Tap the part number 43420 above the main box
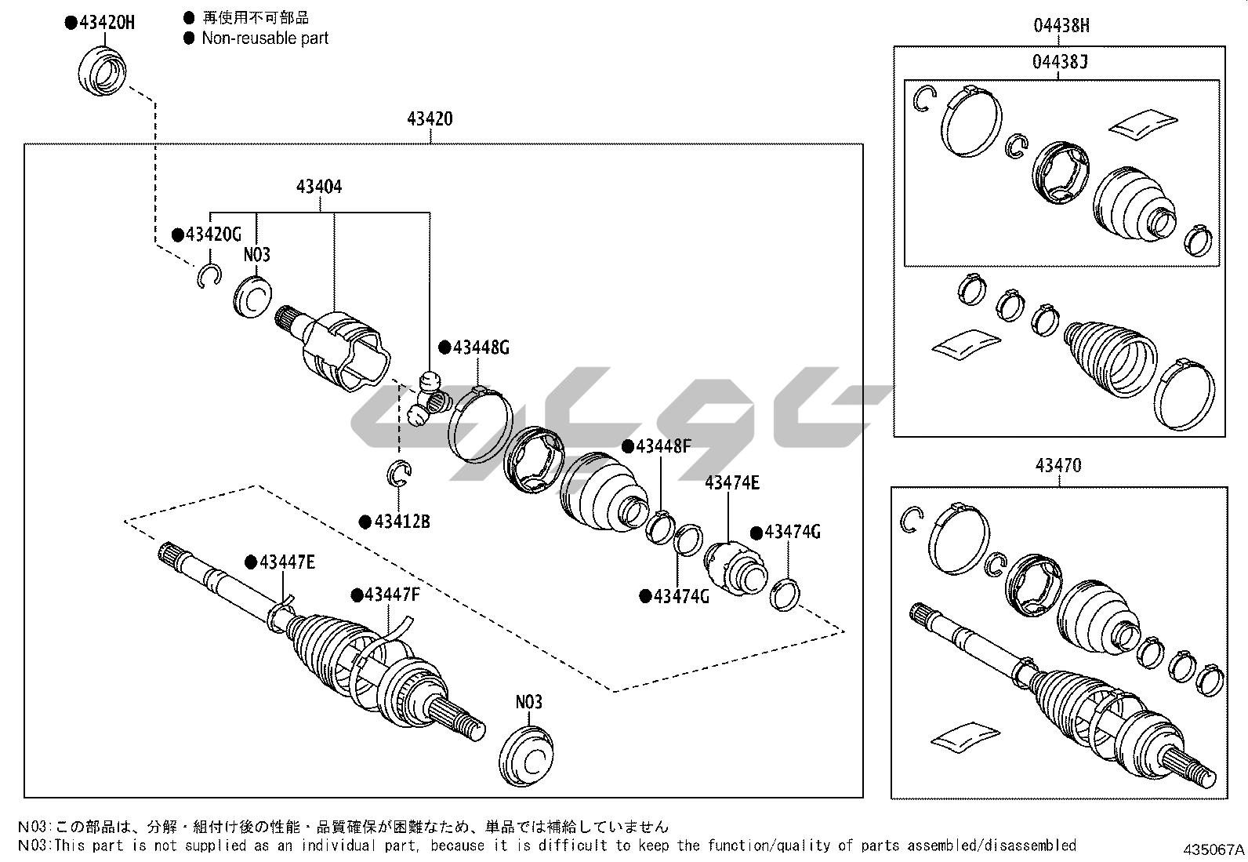[430, 119]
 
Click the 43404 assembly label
[319, 187]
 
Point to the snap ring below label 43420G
[208, 275]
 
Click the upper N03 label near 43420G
[256, 254]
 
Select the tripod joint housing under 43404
[343, 350]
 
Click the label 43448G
[480, 347]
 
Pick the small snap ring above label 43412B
[399, 473]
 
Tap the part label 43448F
[662, 446]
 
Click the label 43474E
[732, 483]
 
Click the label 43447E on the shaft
[286, 562]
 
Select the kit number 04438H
[1061, 26]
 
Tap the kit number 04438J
[1061, 62]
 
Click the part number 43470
[1058, 465]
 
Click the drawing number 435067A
[1214, 849]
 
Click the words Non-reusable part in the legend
[265, 38]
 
